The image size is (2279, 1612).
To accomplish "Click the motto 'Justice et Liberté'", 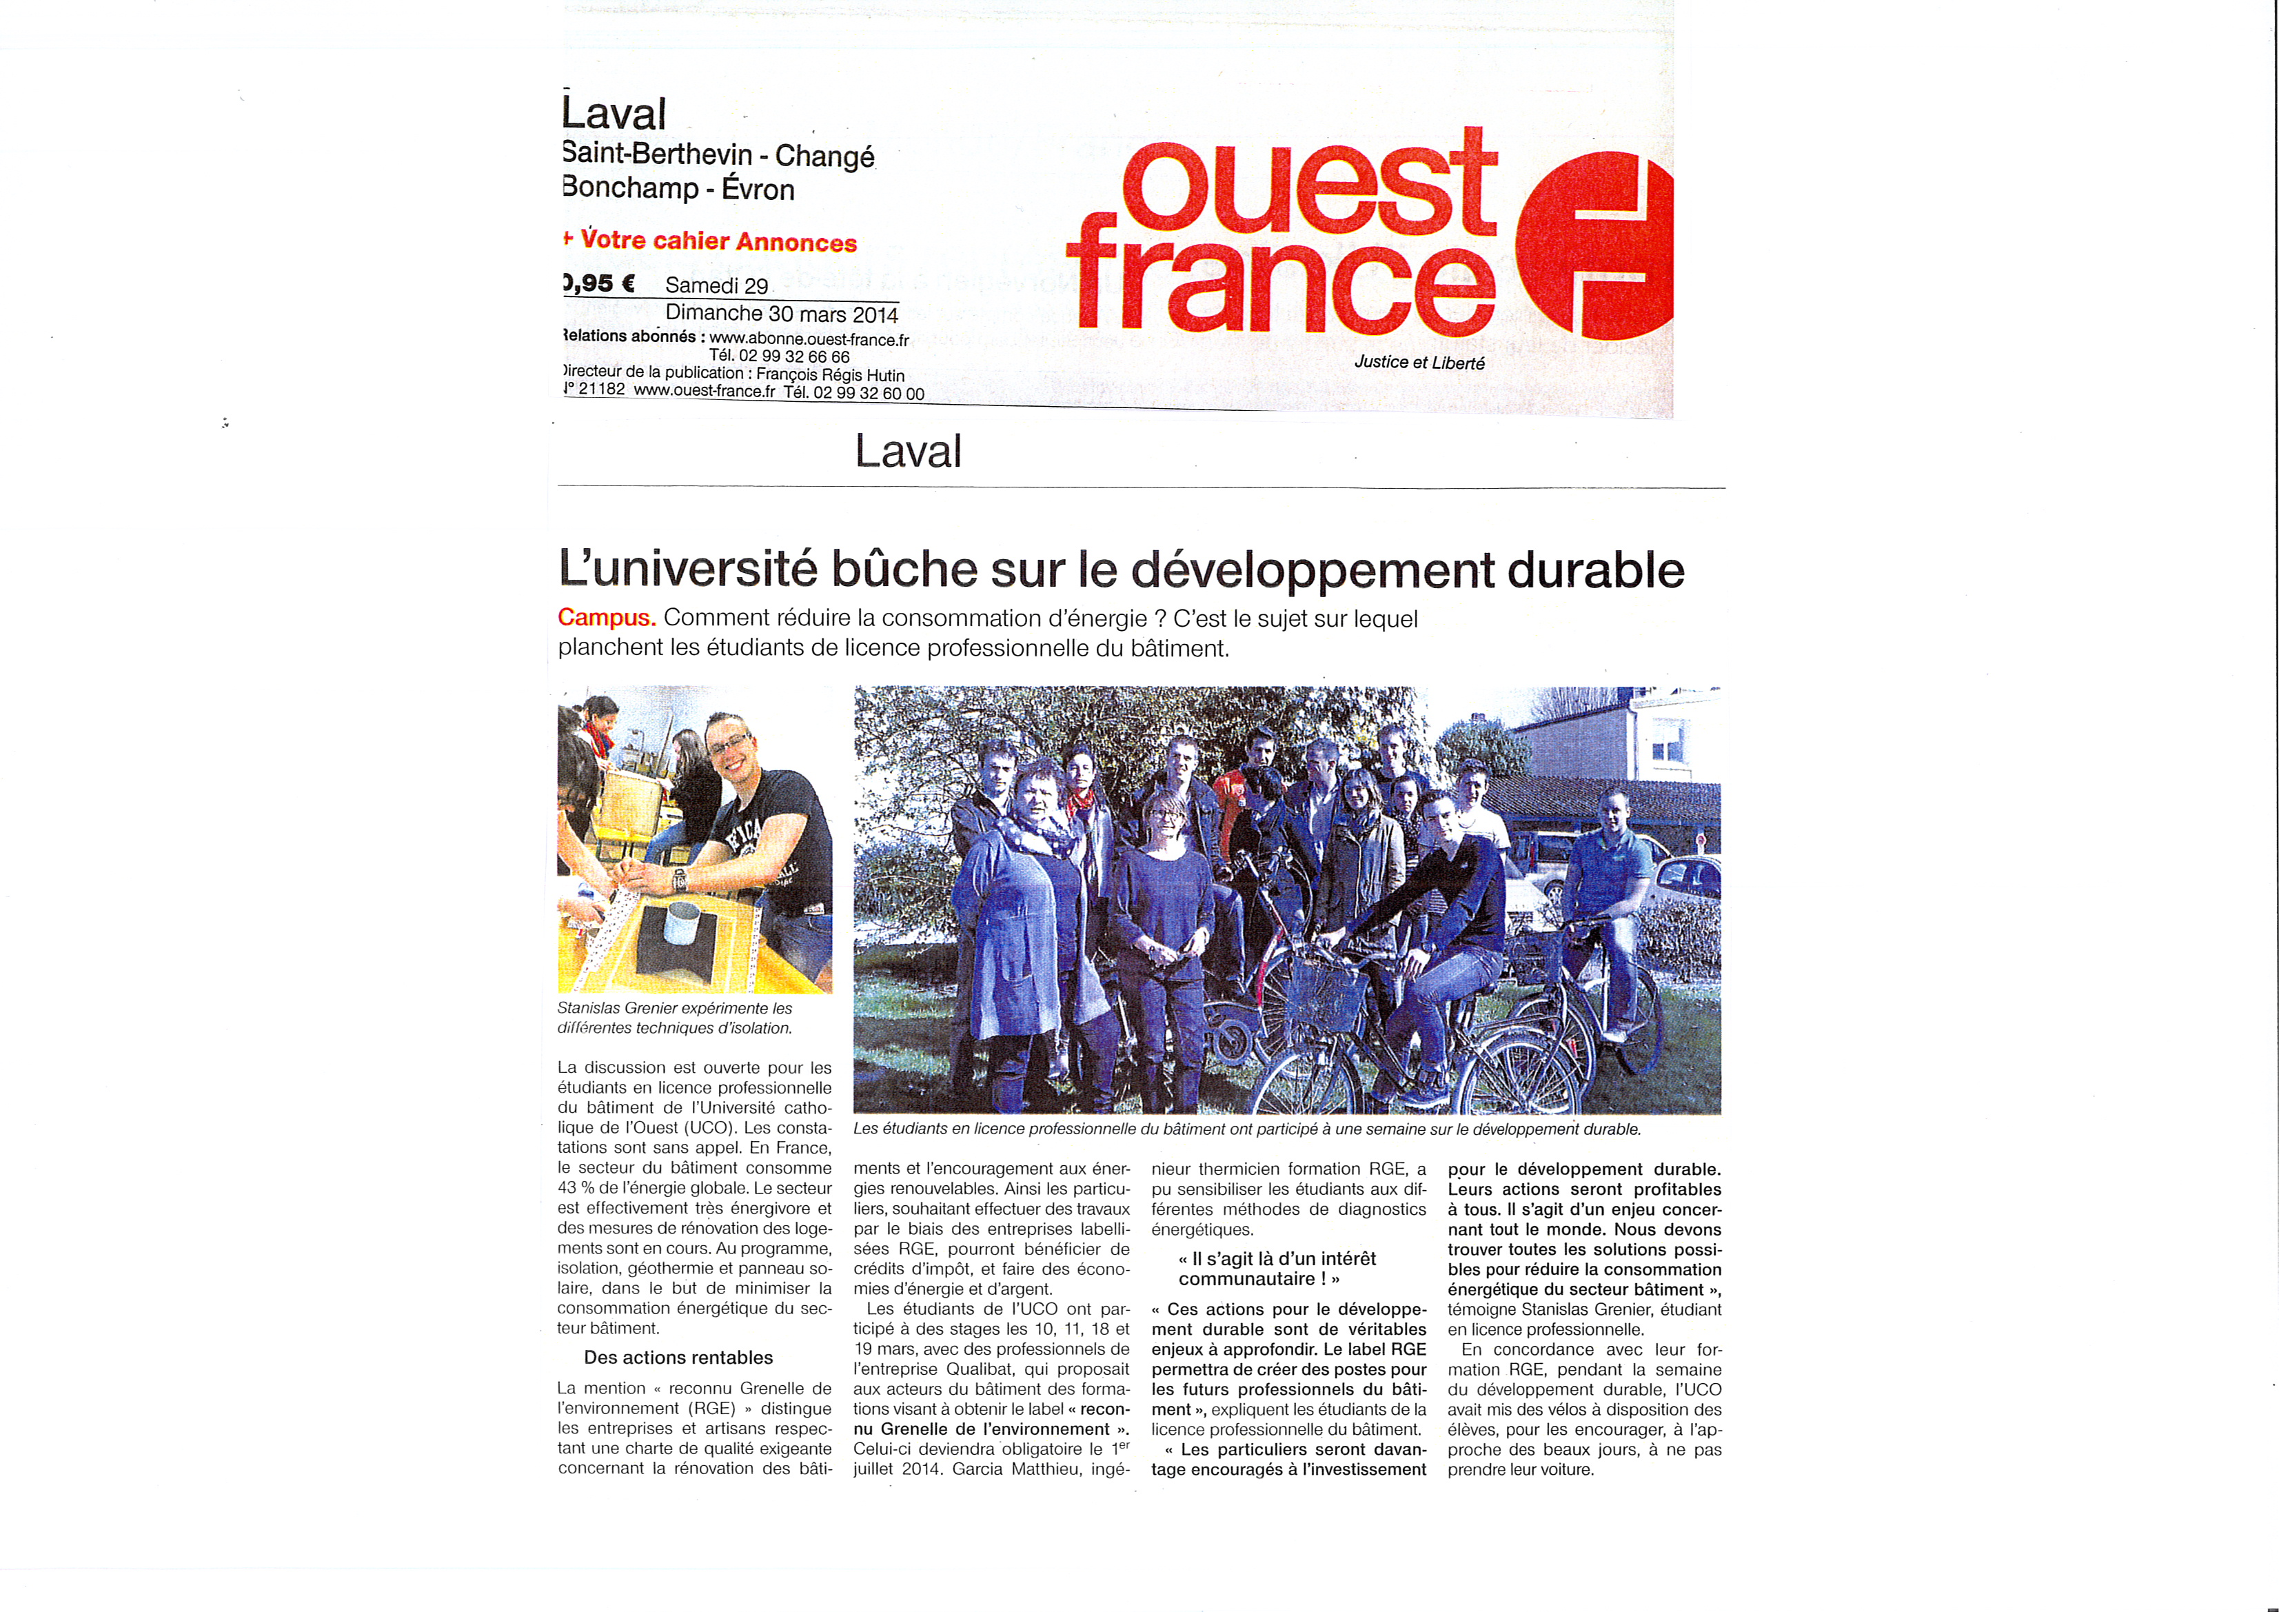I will pos(1419,362).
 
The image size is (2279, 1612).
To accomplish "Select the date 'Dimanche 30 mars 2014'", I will pos(781,314).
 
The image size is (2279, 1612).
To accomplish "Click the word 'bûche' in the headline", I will pos(904,570).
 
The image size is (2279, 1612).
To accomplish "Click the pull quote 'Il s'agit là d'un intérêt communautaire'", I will pos(1277,1269).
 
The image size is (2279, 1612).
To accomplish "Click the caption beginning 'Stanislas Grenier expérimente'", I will pos(675,1018).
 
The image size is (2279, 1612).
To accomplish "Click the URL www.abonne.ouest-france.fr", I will pos(809,339).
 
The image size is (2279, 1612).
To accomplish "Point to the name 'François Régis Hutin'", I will pos(830,374).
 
